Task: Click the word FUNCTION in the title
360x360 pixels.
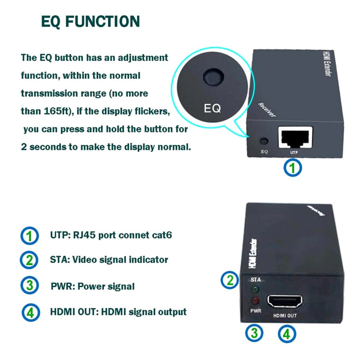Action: pyautogui.click(x=103, y=21)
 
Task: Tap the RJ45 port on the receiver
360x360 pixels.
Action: pyautogui.click(x=295, y=137)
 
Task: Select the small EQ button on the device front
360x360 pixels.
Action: pyautogui.click(x=264, y=141)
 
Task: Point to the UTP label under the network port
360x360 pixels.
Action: pyautogui.click(x=294, y=152)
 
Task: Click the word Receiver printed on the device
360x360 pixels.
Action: pyautogui.click(x=267, y=110)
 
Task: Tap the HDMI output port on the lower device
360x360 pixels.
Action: pyautogui.click(x=284, y=301)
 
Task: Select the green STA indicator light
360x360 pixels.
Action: pyautogui.click(x=255, y=289)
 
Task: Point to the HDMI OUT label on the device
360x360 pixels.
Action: pyautogui.click(x=285, y=316)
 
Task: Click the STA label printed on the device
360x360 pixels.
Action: pyautogui.click(x=256, y=280)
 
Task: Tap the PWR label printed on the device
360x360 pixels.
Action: pyautogui.click(x=256, y=311)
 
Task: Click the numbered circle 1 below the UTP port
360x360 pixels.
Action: pyautogui.click(x=293, y=168)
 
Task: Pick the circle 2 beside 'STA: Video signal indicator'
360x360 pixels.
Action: pyautogui.click(x=29, y=260)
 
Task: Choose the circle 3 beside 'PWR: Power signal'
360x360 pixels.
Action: pyautogui.click(x=30, y=285)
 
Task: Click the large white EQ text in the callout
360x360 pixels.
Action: pyautogui.click(x=212, y=108)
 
